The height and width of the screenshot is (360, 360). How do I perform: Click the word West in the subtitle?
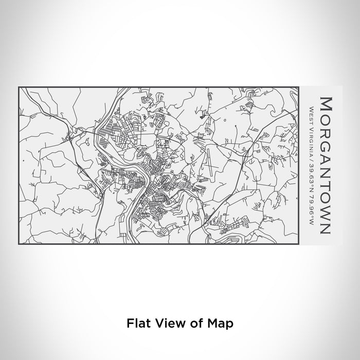pyautogui.click(x=312, y=113)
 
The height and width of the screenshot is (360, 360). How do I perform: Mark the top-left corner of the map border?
pyautogui.click(x=19, y=87)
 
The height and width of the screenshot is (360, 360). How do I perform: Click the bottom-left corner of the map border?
pyautogui.click(x=19, y=244)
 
